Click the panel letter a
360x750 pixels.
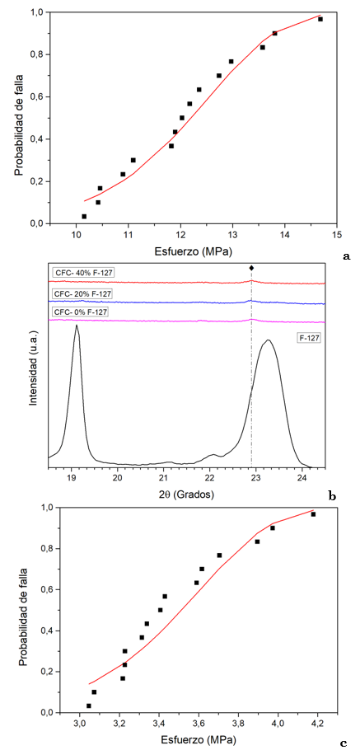tap(346, 256)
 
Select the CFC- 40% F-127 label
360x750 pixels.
tap(82, 272)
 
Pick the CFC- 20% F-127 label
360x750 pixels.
tap(82, 293)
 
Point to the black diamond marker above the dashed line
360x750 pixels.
tap(251, 268)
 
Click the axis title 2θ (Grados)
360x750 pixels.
tap(188, 496)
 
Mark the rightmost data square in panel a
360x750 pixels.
tap(320, 19)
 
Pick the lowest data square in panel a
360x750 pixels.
tap(84, 216)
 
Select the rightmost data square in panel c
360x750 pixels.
tap(313, 514)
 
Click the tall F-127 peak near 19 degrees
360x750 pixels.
tap(77, 326)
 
